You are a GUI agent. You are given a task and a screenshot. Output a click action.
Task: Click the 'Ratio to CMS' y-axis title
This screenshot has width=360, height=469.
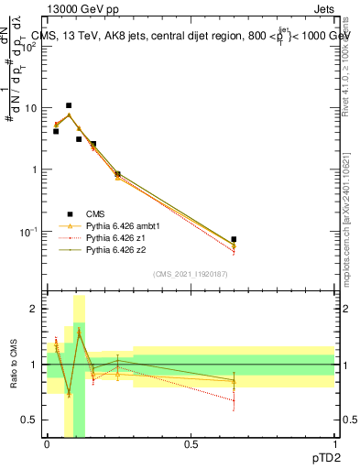14,365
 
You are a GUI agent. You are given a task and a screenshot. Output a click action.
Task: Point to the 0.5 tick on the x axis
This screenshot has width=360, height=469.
190,444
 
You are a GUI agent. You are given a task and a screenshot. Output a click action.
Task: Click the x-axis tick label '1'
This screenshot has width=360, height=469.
334,444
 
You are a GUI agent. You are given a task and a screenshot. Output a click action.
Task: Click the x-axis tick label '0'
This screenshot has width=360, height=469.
47,444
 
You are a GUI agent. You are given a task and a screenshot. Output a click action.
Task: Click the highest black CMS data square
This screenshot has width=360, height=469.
69,105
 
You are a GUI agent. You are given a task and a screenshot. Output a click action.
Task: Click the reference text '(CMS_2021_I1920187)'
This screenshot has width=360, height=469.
190,274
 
